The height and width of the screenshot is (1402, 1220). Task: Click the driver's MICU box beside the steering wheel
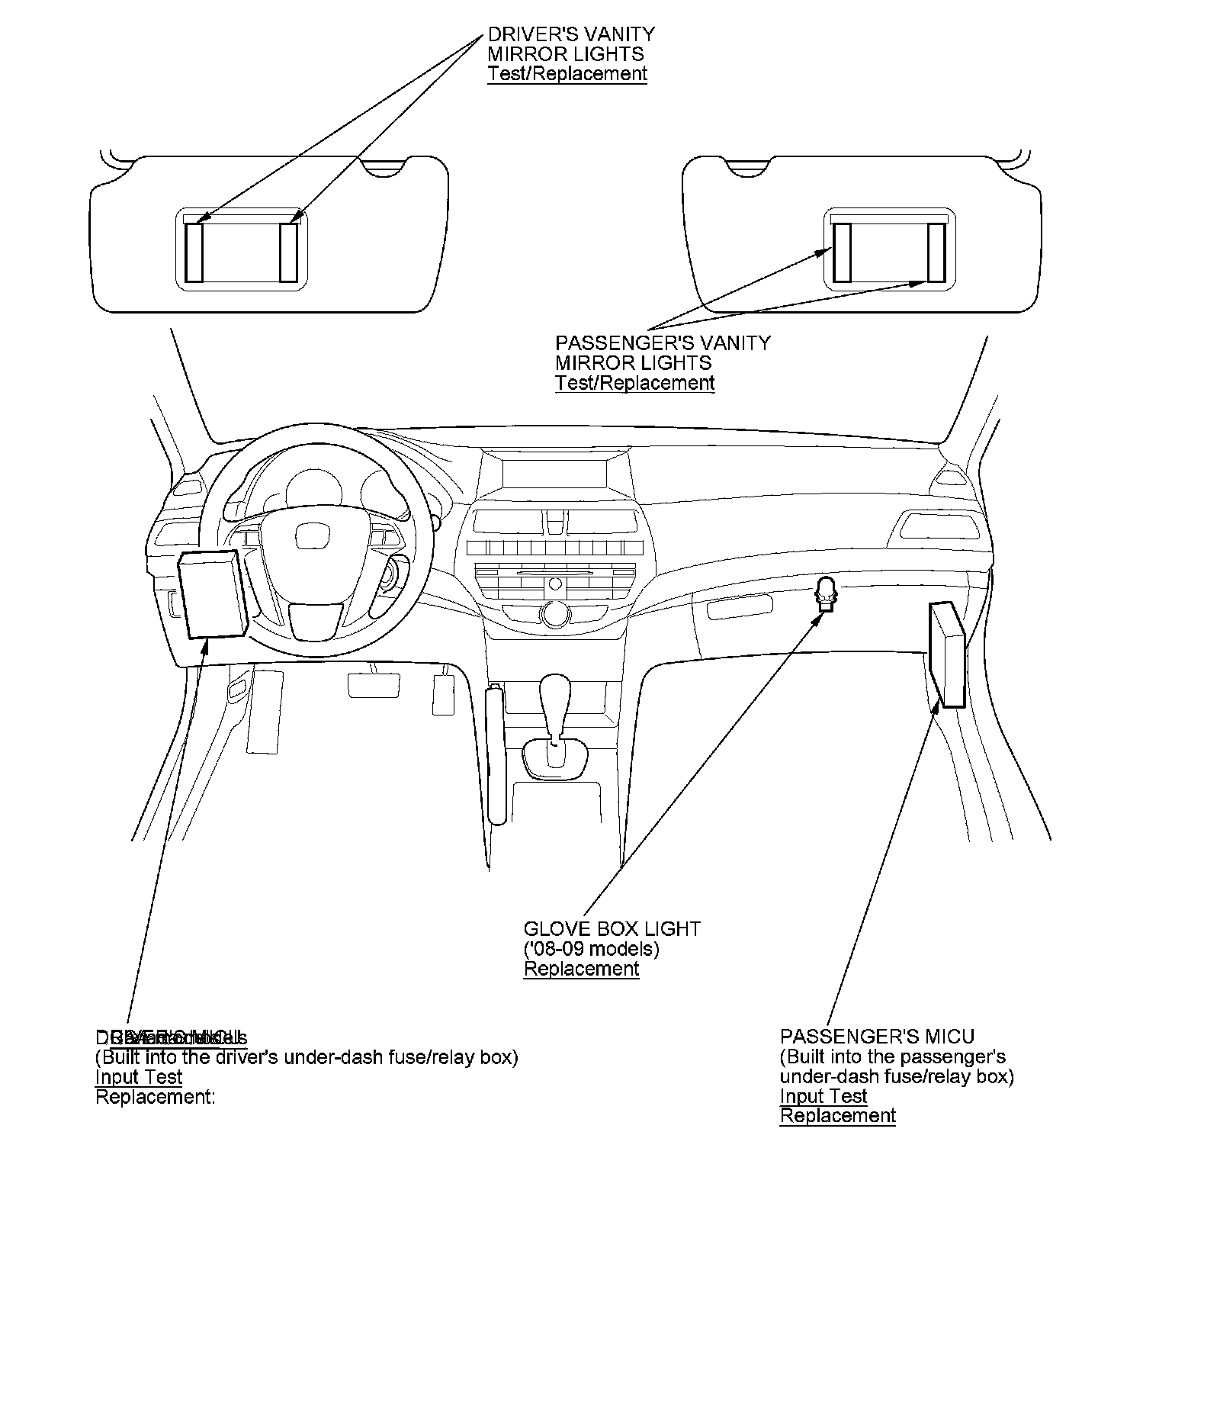click(212, 593)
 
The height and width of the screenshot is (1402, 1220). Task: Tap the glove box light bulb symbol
click(826, 593)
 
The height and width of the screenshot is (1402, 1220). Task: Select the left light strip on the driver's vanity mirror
click(194, 252)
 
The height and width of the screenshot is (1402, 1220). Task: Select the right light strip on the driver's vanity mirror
click(288, 252)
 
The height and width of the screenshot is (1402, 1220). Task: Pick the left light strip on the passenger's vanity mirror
click(842, 252)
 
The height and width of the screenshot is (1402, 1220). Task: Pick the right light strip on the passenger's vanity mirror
click(936, 252)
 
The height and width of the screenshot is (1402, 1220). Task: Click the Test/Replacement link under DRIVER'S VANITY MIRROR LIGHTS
click(567, 74)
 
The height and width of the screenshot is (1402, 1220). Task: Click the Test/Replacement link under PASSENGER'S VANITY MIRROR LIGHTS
click(634, 383)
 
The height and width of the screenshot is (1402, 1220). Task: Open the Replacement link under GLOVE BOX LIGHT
click(581, 969)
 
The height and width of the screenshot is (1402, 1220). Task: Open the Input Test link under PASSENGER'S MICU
click(823, 1096)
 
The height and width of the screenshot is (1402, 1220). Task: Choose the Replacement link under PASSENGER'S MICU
click(837, 1116)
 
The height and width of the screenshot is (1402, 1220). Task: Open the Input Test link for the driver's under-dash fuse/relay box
click(139, 1077)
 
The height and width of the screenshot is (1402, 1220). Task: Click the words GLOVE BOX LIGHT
click(612, 929)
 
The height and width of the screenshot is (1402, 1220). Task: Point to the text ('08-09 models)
click(591, 949)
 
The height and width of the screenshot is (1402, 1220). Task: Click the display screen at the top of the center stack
click(554, 473)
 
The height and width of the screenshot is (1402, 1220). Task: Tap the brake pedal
click(374, 685)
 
